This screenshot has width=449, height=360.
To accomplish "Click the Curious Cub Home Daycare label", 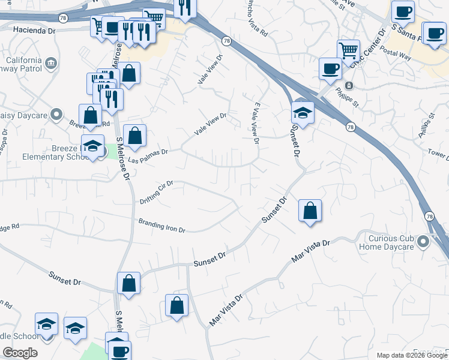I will click(387, 242).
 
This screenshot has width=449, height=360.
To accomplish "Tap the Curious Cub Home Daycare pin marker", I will click(424, 242).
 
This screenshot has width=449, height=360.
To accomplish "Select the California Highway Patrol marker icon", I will click(50, 62).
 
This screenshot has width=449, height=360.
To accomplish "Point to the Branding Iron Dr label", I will click(162, 226).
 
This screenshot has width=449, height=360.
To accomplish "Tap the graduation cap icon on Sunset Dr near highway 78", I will click(303, 113).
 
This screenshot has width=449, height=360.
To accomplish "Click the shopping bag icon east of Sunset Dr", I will click(310, 211).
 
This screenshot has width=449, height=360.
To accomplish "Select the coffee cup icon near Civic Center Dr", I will click(330, 68).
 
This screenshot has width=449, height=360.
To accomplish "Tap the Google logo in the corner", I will click(20, 353).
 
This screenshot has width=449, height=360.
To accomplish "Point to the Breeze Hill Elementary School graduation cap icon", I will click(92, 146).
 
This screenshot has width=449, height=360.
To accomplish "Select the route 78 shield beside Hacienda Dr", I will click(64, 19).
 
